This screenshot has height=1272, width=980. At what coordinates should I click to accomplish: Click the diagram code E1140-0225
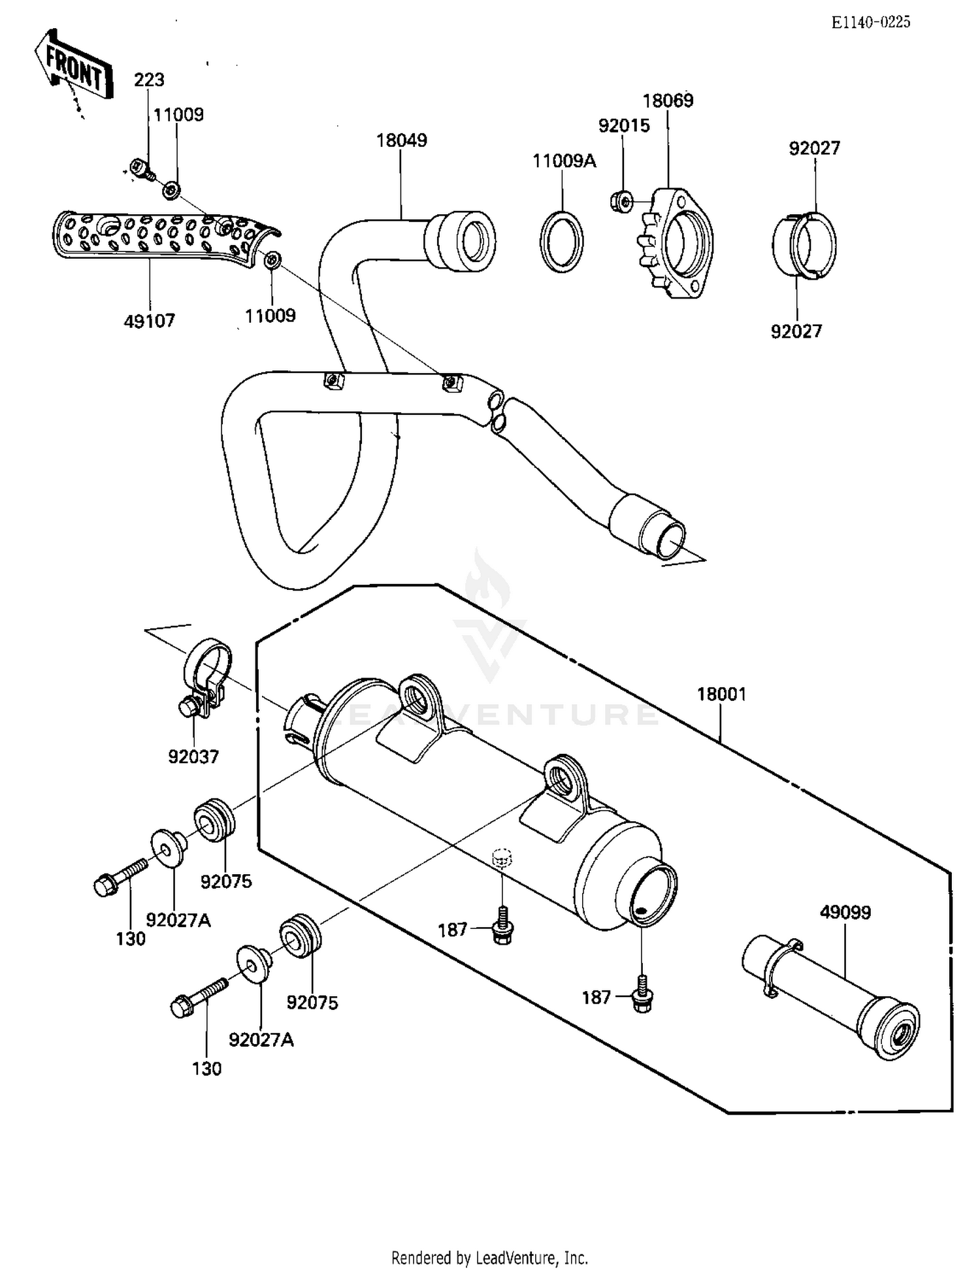[870, 22]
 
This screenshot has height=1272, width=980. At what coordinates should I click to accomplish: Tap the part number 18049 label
[401, 140]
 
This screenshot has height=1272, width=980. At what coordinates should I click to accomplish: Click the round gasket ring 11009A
[561, 241]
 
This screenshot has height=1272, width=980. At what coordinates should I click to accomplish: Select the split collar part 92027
[804, 246]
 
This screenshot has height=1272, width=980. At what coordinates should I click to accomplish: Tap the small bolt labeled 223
[140, 168]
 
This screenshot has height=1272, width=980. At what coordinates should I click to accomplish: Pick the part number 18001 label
[721, 694]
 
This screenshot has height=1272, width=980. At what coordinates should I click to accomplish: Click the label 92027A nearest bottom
[261, 1039]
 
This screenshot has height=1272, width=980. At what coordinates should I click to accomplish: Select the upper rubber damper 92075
[214, 819]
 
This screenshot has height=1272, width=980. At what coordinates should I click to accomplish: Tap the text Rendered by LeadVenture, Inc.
[489, 1257]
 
